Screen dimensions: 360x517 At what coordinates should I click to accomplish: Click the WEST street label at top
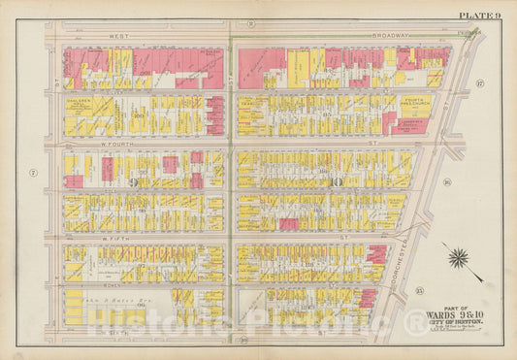(118, 35)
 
